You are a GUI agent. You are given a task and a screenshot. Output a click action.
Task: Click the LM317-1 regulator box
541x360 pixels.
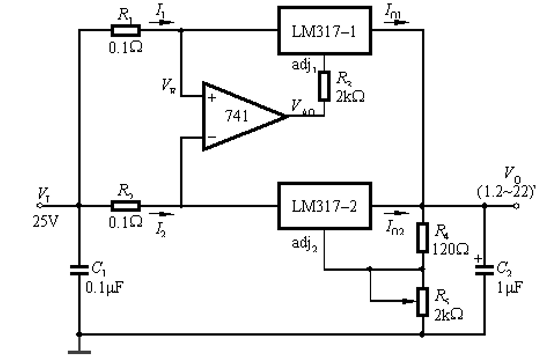[324, 31]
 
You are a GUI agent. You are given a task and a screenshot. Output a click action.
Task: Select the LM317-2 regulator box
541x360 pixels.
[324, 206]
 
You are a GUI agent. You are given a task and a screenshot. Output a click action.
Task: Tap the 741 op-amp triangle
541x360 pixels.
[239, 116]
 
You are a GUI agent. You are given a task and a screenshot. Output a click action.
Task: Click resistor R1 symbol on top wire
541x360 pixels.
[125, 30]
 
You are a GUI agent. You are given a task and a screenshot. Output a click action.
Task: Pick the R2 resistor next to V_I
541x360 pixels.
[125, 206]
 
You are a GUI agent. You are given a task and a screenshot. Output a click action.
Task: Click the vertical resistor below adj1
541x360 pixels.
[324, 87]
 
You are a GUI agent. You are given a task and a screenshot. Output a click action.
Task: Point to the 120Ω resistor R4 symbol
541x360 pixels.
[422, 237]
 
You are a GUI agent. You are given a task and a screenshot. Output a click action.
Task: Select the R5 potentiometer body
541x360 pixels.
[422, 302]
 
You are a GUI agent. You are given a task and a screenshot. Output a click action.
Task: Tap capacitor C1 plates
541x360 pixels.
[79, 270]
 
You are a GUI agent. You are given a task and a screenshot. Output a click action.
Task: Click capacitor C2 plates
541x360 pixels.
[484, 270]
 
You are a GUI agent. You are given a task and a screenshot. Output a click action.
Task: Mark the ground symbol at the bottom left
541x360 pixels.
[79, 351]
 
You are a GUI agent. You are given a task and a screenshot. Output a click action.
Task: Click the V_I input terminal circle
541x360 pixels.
[40, 206]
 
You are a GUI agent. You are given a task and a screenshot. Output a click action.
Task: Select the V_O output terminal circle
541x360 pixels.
[516, 206]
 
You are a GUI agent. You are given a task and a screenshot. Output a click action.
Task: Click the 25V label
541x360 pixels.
[45, 222]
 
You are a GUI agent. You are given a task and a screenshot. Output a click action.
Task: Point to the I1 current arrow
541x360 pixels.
[162, 22]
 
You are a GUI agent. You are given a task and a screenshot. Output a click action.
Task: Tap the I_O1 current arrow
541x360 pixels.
[397, 22]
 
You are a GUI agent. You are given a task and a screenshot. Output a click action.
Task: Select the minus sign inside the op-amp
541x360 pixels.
[212, 137]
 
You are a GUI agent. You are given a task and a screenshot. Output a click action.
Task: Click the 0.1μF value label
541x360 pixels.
[105, 287]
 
